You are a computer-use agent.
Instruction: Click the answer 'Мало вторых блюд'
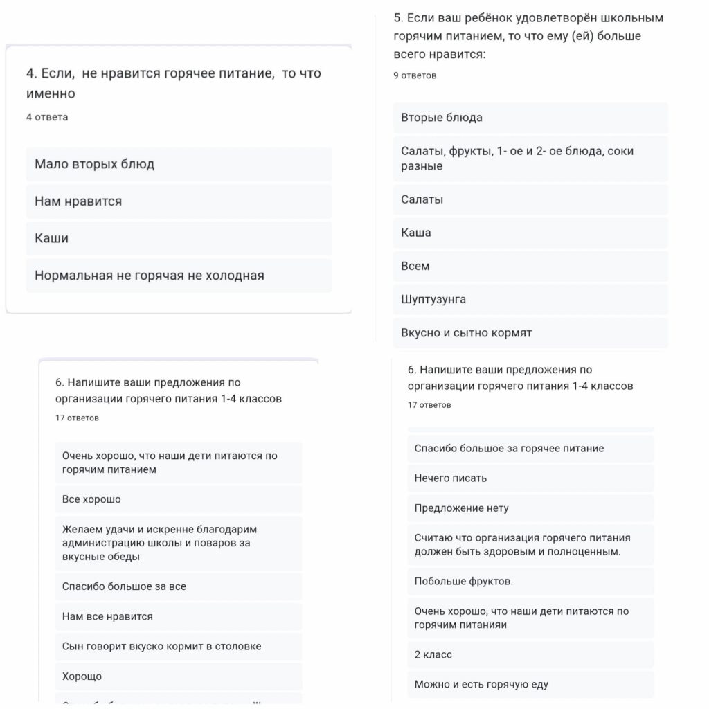click(x=95, y=165)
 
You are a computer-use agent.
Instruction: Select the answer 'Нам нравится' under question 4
click(x=78, y=201)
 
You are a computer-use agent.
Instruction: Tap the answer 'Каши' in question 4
click(x=52, y=238)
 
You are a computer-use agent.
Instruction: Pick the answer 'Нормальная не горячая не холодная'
click(x=150, y=276)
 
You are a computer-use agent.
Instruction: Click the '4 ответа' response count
click(x=47, y=118)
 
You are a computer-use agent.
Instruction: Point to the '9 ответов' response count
click(x=415, y=75)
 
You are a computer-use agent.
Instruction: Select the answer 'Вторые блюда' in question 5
click(x=442, y=118)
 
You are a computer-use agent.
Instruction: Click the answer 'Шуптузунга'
click(x=433, y=300)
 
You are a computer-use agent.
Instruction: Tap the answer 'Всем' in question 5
click(x=415, y=267)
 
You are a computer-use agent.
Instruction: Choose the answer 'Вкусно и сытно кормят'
click(x=467, y=333)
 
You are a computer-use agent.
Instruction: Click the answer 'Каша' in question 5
click(x=416, y=233)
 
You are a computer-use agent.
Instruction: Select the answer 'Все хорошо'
click(x=91, y=499)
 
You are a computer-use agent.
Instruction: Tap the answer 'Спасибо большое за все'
click(x=124, y=586)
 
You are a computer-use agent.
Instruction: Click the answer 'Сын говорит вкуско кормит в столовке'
click(x=161, y=647)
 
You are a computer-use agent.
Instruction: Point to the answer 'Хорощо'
click(x=82, y=676)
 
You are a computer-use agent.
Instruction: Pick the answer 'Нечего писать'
click(x=451, y=478)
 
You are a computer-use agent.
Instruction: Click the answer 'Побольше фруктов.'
click(x=464, y=582)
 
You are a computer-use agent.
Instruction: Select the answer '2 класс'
click(x=433, y=655)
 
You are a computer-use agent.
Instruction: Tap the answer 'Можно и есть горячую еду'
click(x=481, y=685)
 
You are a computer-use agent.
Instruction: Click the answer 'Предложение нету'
click(x=462, y=508)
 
